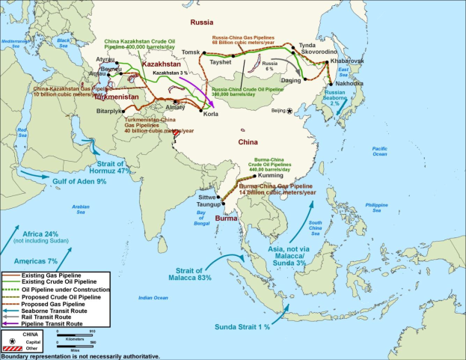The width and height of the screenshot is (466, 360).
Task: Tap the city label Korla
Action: click(x=211, y=115)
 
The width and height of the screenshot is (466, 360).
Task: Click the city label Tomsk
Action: click(x=191, y=52)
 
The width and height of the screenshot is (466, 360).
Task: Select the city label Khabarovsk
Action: click(x=344, y=60)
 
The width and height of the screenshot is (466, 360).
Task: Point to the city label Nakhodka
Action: click(x=346, y=84)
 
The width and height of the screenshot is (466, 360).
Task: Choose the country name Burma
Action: click(x=226, y=218)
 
